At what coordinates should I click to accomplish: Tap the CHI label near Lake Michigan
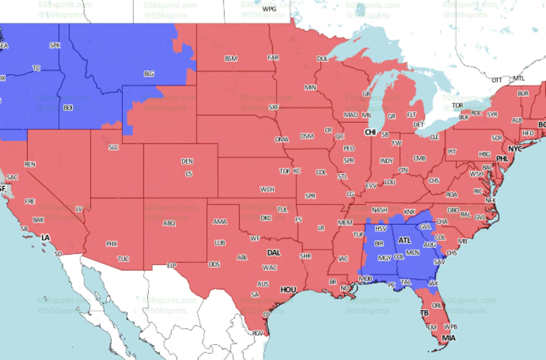370,132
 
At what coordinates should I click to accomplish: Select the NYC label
515,148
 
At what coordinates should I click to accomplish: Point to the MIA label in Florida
449,337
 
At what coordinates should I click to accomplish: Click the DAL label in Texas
274,253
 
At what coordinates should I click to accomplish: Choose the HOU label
288,290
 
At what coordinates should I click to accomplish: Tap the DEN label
187,161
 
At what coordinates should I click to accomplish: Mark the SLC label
114,147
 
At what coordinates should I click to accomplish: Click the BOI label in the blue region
68,108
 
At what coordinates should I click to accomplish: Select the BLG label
149,74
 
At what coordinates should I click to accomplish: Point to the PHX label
112,244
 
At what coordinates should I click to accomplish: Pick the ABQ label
169,223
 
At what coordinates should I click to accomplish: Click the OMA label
281,139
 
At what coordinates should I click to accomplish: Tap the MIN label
311,87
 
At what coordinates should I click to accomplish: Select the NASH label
380,210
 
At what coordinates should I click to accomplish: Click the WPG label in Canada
270,10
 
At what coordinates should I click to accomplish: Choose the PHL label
502,158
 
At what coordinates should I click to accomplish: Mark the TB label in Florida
425,313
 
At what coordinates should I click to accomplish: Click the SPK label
55,45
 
